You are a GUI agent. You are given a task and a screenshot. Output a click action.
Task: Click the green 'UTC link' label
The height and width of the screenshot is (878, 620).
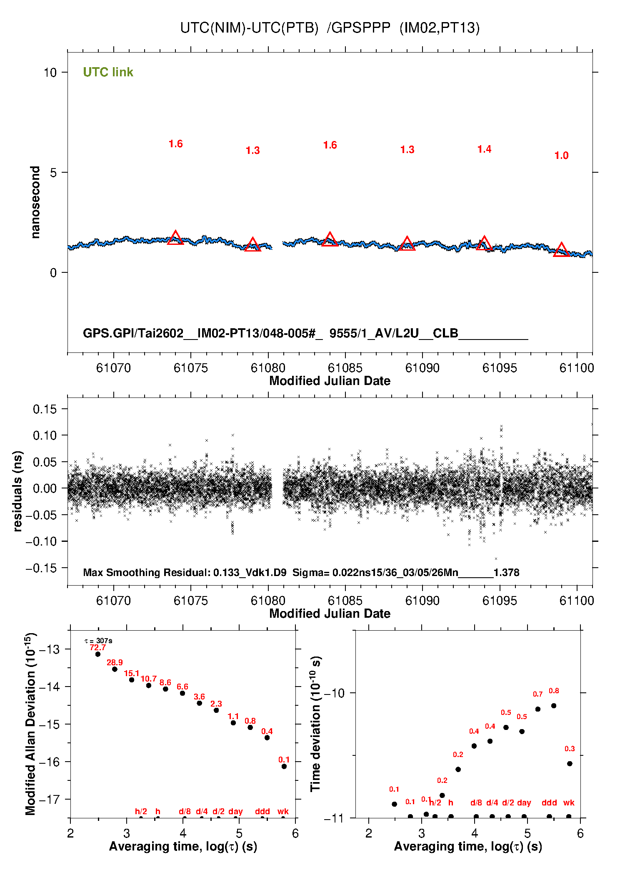coord(108,72)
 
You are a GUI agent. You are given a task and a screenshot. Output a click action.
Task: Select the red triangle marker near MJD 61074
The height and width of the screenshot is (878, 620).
coord(175,238)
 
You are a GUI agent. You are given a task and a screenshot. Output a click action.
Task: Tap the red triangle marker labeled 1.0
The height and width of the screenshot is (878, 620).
coord(561,250)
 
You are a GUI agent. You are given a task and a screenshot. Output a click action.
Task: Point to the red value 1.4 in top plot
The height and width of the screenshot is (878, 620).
coord(484,149)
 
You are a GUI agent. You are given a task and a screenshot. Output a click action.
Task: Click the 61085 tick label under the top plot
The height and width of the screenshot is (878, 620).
coord(345,368)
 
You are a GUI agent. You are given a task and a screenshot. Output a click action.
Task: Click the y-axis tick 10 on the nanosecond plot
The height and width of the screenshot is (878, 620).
coord(50,73)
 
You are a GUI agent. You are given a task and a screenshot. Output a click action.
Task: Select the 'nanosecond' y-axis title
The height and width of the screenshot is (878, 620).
coord(35,202)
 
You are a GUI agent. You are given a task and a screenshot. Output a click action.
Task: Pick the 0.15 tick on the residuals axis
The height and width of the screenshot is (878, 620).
coord(45,409)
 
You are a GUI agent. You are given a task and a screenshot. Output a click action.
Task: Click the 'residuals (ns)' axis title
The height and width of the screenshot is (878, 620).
coord(17,491)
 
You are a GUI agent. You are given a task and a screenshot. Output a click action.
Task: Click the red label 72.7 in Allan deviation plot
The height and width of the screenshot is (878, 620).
coord(98,648)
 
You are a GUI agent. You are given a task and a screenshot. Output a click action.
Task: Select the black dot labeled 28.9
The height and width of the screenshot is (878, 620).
coord(115,669)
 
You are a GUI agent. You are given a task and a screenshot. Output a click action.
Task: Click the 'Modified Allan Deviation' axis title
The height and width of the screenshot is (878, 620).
coord(30,724)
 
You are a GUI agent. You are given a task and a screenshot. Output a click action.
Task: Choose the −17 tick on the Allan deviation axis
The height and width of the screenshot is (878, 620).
coord(49,800)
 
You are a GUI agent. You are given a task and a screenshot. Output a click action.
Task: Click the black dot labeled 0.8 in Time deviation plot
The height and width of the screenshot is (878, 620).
coord(554,706)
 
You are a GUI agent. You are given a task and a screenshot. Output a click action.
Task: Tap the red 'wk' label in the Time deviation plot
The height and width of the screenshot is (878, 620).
coord(569,803)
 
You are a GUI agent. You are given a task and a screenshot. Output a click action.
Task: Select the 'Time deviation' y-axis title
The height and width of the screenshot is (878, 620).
coord(316,724)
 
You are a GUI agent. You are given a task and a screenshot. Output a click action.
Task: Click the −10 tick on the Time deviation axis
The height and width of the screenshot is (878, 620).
coord(334,693)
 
